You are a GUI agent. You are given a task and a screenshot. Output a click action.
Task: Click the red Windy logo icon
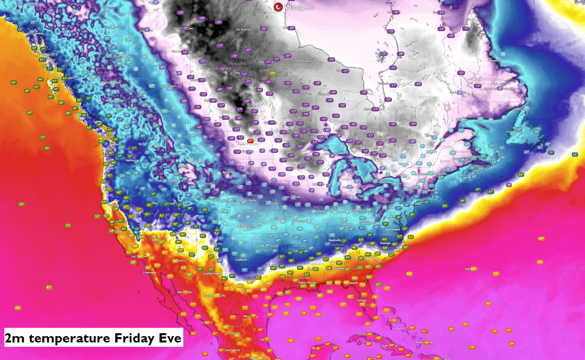[x=278, y=7]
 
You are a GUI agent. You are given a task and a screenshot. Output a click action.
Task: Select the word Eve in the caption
[x=167, y=338]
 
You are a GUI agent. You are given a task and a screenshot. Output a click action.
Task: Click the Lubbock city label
[x=240, y=260]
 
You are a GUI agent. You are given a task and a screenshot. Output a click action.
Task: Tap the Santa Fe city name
[x=216, y=243]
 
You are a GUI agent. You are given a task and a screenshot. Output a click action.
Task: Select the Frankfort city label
[x=347, y=224]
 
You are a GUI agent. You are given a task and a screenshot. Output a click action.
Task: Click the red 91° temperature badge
[x=250, y=141]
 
